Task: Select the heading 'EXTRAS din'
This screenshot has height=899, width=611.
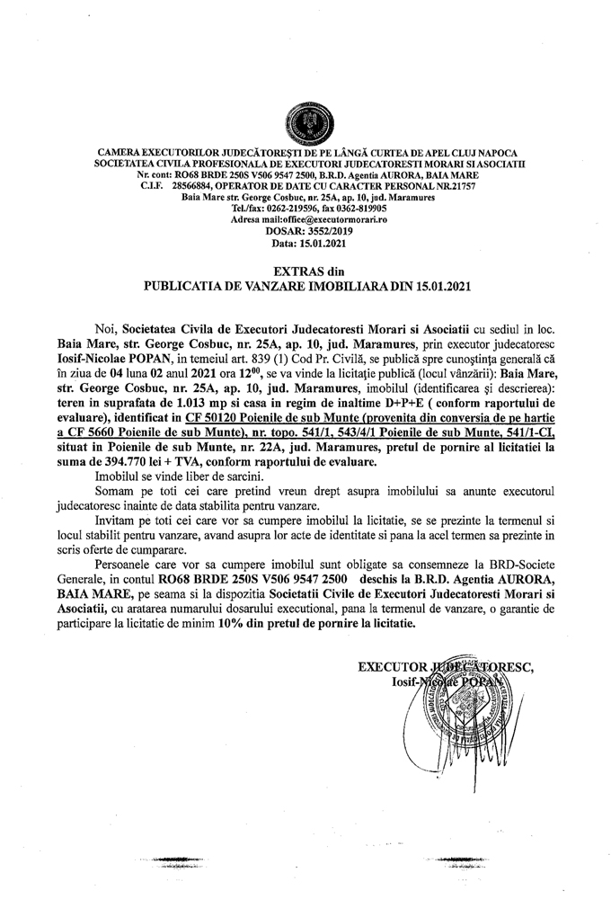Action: (307, 271)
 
